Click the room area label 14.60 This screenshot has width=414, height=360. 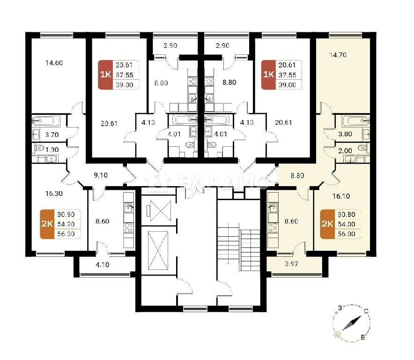tap(54, 63)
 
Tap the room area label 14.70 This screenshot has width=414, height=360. tap(338, 55)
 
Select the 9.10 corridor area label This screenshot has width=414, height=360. tap(101, 175)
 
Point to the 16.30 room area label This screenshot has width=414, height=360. tap(54, 194)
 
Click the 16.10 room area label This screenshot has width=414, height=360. tap(341, 196)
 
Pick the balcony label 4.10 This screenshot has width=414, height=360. tap(103, 264)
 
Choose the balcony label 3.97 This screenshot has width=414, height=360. tap(291, 264)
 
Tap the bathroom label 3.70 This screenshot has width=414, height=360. tap(52, 135)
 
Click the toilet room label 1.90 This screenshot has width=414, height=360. tap(52, 150)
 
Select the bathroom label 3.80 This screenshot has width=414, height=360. tap(345, 134)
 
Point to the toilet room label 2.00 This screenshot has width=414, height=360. tap(345, 151)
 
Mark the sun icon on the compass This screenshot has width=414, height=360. tap(337, 335)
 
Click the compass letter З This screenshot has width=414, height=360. tap(340, 308)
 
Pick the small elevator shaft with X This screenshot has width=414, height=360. tap(159, 210)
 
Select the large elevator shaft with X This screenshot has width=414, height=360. tap(158, 251)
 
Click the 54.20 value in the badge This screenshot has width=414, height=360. tap(66, 225)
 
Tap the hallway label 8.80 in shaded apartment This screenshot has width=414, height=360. tap(297, 176)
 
